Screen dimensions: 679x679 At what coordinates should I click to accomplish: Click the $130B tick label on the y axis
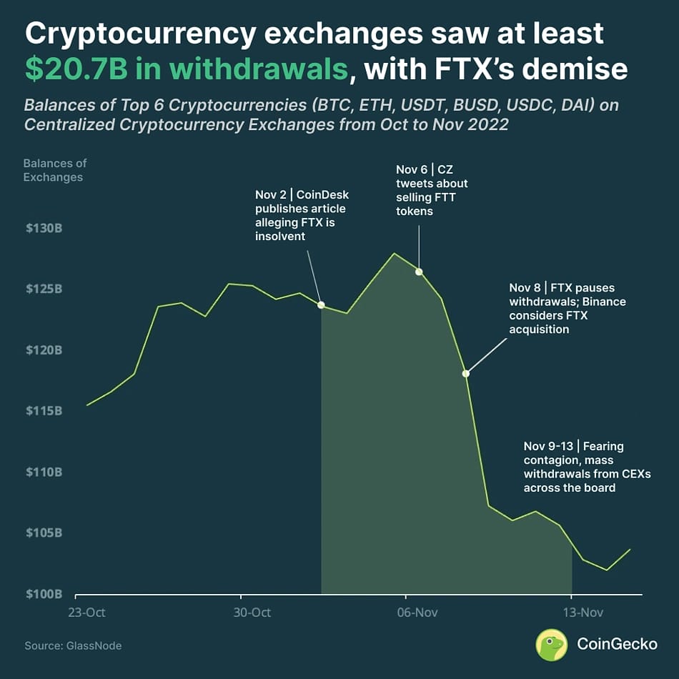(44, 229)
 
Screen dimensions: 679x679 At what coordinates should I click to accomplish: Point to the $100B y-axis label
(44, 594)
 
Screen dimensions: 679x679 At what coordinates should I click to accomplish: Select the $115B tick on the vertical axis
(44, 411)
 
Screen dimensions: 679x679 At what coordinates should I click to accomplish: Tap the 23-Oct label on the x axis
(87, 613)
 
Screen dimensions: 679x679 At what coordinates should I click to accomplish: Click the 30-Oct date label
(252, 613)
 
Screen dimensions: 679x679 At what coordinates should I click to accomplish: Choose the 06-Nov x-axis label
(417, 613)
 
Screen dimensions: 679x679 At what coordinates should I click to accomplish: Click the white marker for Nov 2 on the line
(321, 305)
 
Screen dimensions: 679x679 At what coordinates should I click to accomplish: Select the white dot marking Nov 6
(419, 272)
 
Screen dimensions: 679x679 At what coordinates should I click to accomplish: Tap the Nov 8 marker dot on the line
(466, 373)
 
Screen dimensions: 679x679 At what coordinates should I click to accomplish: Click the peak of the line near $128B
(394, 254)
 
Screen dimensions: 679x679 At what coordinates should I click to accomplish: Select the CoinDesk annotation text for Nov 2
(302, 215)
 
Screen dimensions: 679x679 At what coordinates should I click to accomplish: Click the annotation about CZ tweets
(432, 190)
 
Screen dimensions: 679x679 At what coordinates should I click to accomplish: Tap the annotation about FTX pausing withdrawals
(567, 308)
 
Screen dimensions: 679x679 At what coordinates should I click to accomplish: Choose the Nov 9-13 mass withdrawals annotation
(587, 467)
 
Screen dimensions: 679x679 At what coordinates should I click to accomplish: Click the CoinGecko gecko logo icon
(551, 644)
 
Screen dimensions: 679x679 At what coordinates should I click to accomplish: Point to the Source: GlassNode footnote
(73, 645)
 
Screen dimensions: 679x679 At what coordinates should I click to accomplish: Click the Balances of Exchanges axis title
(55, 170)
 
